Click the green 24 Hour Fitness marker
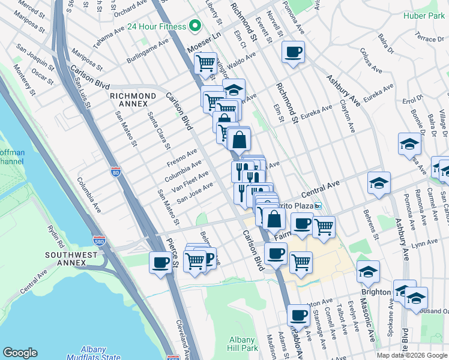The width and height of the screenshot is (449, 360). tap(194, 26)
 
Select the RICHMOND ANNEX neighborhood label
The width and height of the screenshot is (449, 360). tap(133, 100)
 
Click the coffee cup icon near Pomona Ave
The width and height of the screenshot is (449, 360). tap(293, 52)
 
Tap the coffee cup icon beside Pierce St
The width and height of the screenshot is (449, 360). tap(160, 262)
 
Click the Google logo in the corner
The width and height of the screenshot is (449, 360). tap(20, 353)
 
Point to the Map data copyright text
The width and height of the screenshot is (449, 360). tap(412, 355)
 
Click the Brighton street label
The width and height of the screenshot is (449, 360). tap(376, 292)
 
